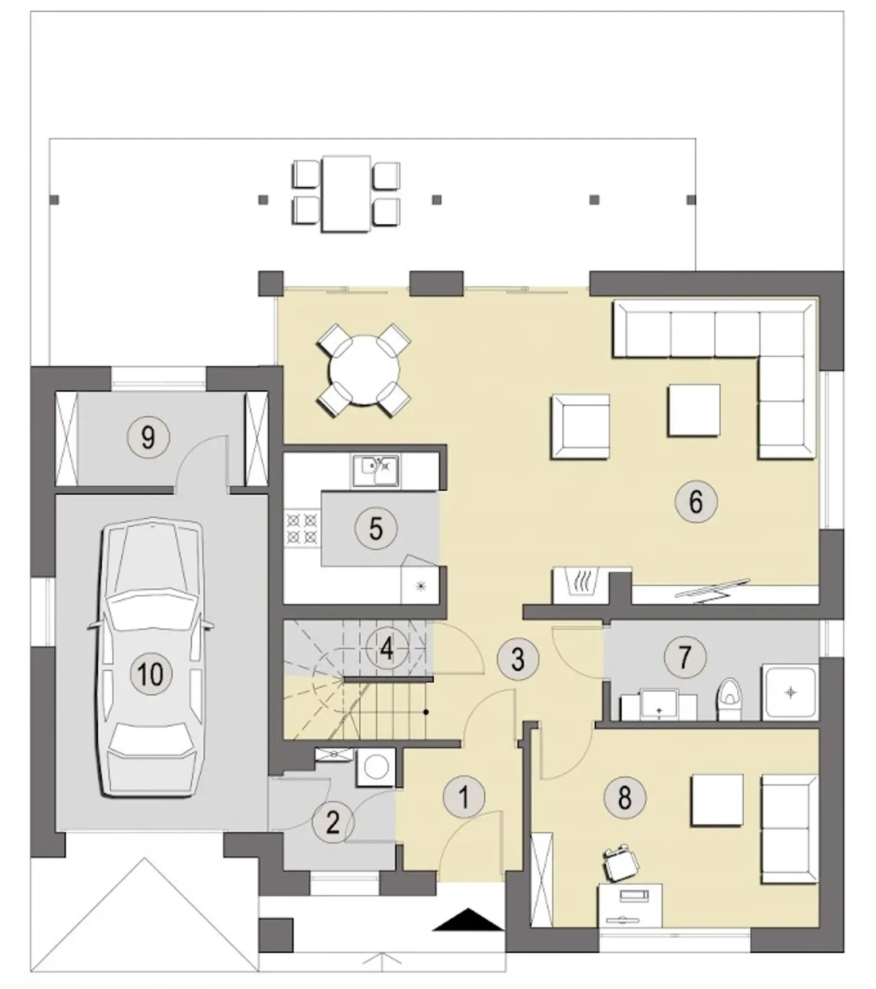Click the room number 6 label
pos(695,501)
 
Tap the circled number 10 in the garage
pos(151,674)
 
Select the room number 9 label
pos(149,436)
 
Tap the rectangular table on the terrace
pos(346,194)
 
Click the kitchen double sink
pos(376,471)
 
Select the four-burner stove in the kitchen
pos(302,528)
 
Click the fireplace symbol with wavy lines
pos(580,585)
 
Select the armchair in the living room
pos(580,427)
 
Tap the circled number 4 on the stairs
pos(387,649)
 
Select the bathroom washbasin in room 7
pos(659,704)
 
